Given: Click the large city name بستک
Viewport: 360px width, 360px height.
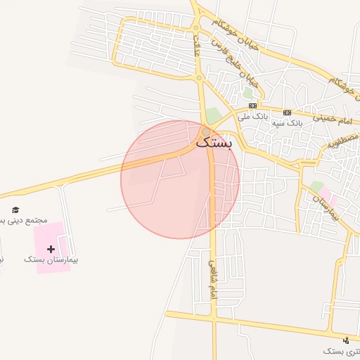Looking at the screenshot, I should click(x=214, y=143).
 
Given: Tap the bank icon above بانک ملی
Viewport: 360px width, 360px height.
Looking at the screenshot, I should click(x=253, y=105).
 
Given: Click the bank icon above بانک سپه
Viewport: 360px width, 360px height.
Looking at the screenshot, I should click(x=287, y=112).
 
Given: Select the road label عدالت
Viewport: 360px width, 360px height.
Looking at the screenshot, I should click(x=197, y=46).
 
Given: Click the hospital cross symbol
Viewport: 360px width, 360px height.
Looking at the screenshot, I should click(x=51, y=249).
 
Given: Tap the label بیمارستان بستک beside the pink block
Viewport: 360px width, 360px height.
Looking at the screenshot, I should click(x=51, y=259).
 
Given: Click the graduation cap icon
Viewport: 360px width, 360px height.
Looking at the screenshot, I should click(x=16, y=210).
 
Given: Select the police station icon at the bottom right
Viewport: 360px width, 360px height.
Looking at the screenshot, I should click(x=345, y=340).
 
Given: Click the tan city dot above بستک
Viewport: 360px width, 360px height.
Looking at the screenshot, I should click(x=205, y=131).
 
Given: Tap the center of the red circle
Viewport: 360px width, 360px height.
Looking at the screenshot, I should click(x=180, y=180).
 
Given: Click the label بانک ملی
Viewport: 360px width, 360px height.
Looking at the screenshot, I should click(x=253, y=115).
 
